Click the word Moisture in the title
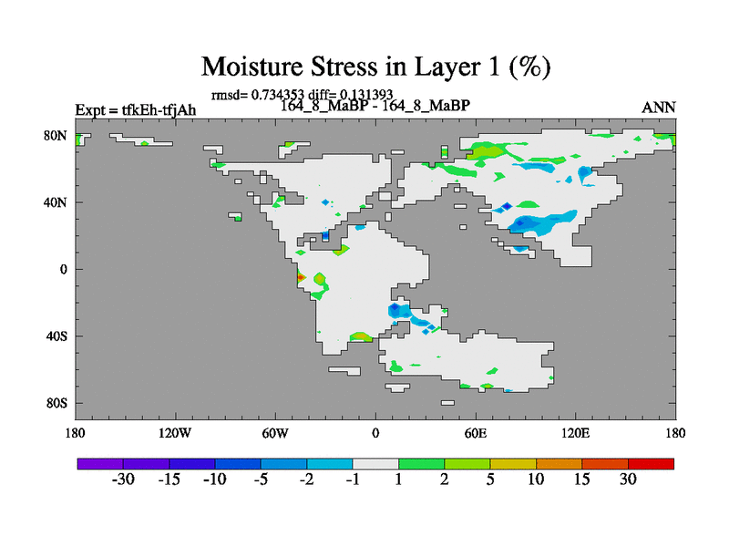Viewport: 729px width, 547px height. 252,67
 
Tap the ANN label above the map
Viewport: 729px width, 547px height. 658,108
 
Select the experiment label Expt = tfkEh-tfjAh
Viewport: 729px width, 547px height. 136,110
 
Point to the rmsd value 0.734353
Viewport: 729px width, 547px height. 278,95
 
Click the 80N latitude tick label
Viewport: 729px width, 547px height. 56,136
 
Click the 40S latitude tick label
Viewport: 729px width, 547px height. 56,336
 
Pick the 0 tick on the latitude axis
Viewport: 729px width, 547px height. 63,270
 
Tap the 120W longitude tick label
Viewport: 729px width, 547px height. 175,434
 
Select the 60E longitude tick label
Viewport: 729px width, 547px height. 476,434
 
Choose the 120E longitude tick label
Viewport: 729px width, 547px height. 576,434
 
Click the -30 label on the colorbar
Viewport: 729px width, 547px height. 123,480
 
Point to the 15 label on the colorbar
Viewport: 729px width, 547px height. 581,480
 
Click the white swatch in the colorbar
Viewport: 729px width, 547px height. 375,464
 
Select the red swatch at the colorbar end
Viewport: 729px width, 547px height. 651,464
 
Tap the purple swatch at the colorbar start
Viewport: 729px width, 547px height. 100,464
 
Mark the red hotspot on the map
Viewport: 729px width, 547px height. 301,278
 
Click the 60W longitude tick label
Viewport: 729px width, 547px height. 275,434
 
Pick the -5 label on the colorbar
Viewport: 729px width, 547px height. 261,480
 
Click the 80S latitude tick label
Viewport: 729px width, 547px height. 56,403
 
